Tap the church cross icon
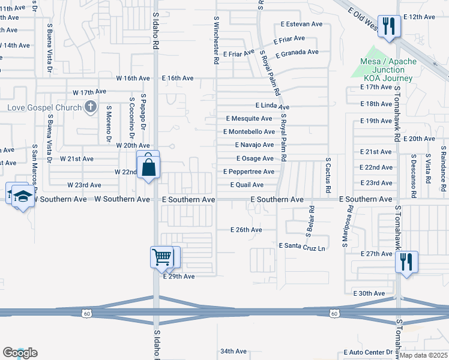tap(90, 107)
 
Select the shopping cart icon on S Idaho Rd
tap(161, 257)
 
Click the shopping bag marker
tap(148, 165)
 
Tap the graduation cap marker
tap(23, 197)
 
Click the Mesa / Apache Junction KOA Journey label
tap(387, 70)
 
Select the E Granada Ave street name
tap(297, 53)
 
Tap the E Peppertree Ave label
tap(249, 172)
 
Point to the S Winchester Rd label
tap(215, 41)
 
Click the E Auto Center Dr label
tap(367, 353)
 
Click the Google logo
tap(20, 353)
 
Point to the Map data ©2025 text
tap(423, 355)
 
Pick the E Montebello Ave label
tap(249, 132)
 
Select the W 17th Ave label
tap(89, 92)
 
